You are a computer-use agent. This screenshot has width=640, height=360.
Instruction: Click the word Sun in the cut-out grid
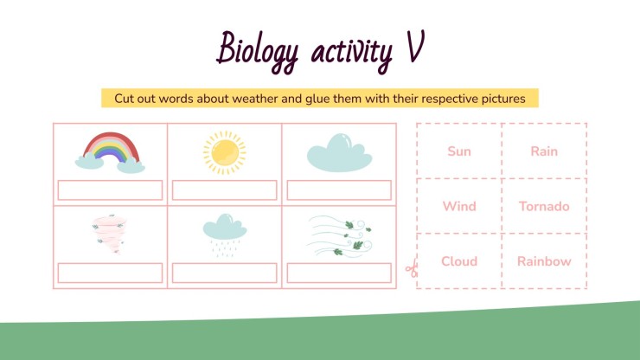tap(459, 151)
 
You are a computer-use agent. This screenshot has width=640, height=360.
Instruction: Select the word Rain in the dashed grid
tap(544, 151)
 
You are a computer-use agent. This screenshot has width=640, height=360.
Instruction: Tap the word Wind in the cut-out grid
tap(459, 206)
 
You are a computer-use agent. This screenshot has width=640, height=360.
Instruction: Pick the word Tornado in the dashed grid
tap(544, 206)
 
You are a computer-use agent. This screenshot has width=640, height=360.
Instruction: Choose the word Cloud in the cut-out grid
tap(459, 261)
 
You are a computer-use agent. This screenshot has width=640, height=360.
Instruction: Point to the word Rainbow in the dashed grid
tap(544, 261)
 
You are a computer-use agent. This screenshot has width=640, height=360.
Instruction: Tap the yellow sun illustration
tap(225, 153)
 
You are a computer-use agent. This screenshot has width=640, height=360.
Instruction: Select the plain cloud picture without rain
tap(339, 152)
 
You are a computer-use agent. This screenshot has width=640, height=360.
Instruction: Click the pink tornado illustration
tap(109, 234)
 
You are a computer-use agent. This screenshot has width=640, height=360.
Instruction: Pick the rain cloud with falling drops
tap(225, 235)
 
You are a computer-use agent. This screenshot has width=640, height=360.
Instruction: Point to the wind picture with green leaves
tap(340, 236)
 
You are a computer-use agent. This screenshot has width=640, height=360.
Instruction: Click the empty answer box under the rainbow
tap(110, 190)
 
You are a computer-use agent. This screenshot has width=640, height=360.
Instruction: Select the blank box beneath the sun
tap(225, 190)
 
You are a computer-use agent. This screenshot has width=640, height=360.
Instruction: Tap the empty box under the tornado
tap(110, 273)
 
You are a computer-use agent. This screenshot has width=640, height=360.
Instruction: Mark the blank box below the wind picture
tap(339, 273)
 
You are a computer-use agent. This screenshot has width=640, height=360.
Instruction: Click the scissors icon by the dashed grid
tap(412, 268)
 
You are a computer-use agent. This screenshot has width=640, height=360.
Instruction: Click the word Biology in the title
tap(257, 52)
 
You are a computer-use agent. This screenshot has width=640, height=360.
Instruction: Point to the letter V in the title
tap(415, 46)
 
